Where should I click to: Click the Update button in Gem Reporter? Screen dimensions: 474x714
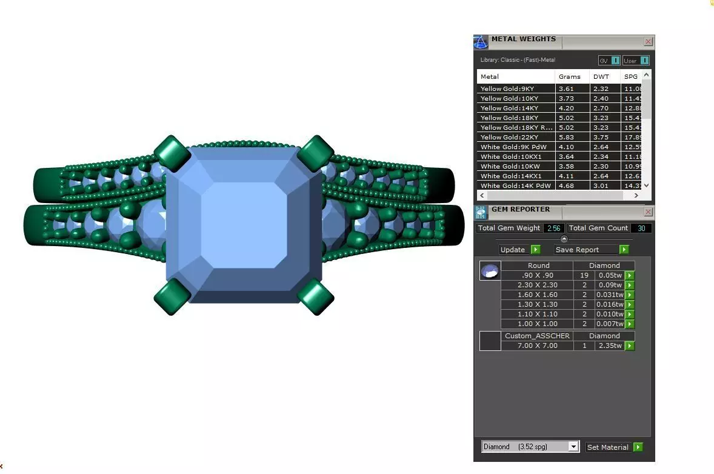518,250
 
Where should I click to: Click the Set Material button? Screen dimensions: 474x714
613,447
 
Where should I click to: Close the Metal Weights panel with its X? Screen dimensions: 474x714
648,42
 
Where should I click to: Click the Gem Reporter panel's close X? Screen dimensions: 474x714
648,212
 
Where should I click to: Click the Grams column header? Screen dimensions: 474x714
570,77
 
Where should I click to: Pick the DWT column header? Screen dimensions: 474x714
601,77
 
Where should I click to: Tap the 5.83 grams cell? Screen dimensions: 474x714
566,138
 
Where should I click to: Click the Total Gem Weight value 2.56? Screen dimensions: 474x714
552,229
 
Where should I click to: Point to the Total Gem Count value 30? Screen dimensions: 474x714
641,229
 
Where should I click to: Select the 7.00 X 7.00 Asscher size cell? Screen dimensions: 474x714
537,345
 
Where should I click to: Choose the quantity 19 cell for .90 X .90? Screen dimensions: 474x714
584,275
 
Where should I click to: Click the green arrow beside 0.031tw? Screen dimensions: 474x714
630,295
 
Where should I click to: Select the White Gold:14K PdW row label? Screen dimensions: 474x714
516,186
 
